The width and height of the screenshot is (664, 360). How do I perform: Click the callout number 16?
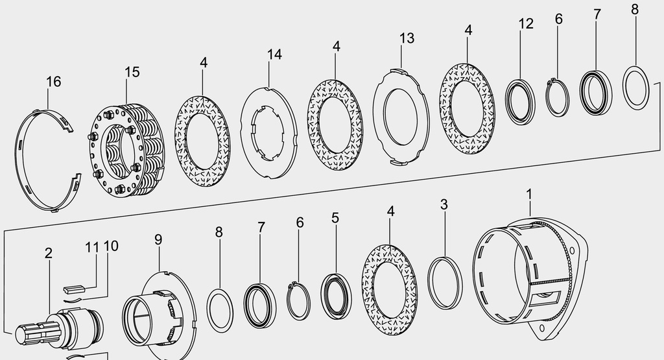pyautogui.click(x=54, y=81)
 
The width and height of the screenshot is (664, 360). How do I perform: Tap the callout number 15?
pyautogui.click(x=132, y=72)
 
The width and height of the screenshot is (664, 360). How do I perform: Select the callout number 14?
pyautogui.click(x=274, y=54)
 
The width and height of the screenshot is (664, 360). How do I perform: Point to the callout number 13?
pyautogui.click(x=407, y=38)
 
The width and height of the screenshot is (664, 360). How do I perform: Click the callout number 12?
pyautogui.click(x=526, y=24)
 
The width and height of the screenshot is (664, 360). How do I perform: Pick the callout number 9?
pyautogui.click(x=158, y=240)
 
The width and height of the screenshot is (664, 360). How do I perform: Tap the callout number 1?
pyautogui.click(x=529, y=195)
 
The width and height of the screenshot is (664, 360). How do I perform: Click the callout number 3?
pyautogui.click(x=444, y=204)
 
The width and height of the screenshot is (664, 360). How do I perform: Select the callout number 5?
pyautogui.click(x=335, y=219)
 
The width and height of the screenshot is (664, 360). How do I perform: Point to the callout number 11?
pyautogui.click(x=92, y=247)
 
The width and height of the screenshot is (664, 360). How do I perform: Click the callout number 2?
pyautogui.click(x=49, y=253)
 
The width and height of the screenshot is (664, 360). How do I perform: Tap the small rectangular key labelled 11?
pyautogui.click(x=75, y=289)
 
